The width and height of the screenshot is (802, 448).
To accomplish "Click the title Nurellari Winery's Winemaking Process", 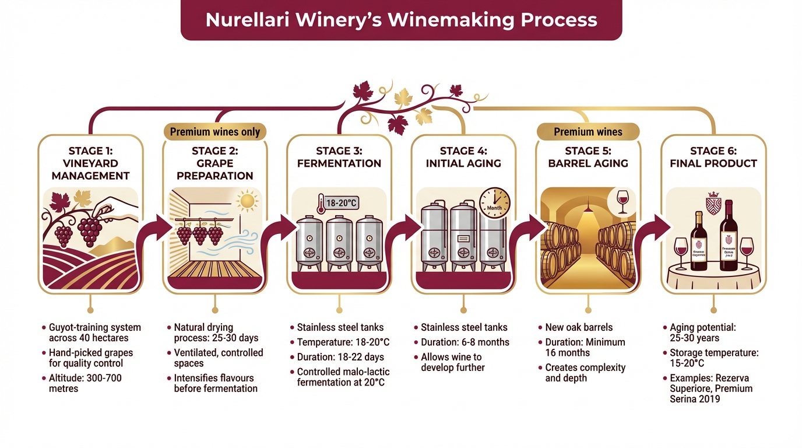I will coord(401,20).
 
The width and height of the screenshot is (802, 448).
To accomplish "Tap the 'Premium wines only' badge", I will coord(214,132).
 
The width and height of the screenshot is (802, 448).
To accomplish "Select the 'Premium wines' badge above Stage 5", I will coord(588,132).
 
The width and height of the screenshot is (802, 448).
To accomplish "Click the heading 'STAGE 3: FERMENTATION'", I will coord(339,157).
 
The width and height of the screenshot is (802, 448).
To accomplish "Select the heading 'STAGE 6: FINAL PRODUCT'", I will coord(713,157).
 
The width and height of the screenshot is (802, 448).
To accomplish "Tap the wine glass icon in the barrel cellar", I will coord(622,200).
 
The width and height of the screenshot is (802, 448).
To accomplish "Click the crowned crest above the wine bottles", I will coord(713,202).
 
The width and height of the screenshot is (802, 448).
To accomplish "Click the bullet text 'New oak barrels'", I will coord(579,327).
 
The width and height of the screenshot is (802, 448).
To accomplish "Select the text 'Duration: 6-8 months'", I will coord(465,342).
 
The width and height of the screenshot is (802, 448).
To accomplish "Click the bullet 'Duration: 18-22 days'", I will coord(340,357).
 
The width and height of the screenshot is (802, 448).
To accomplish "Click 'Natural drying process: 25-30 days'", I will coord(216,332).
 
